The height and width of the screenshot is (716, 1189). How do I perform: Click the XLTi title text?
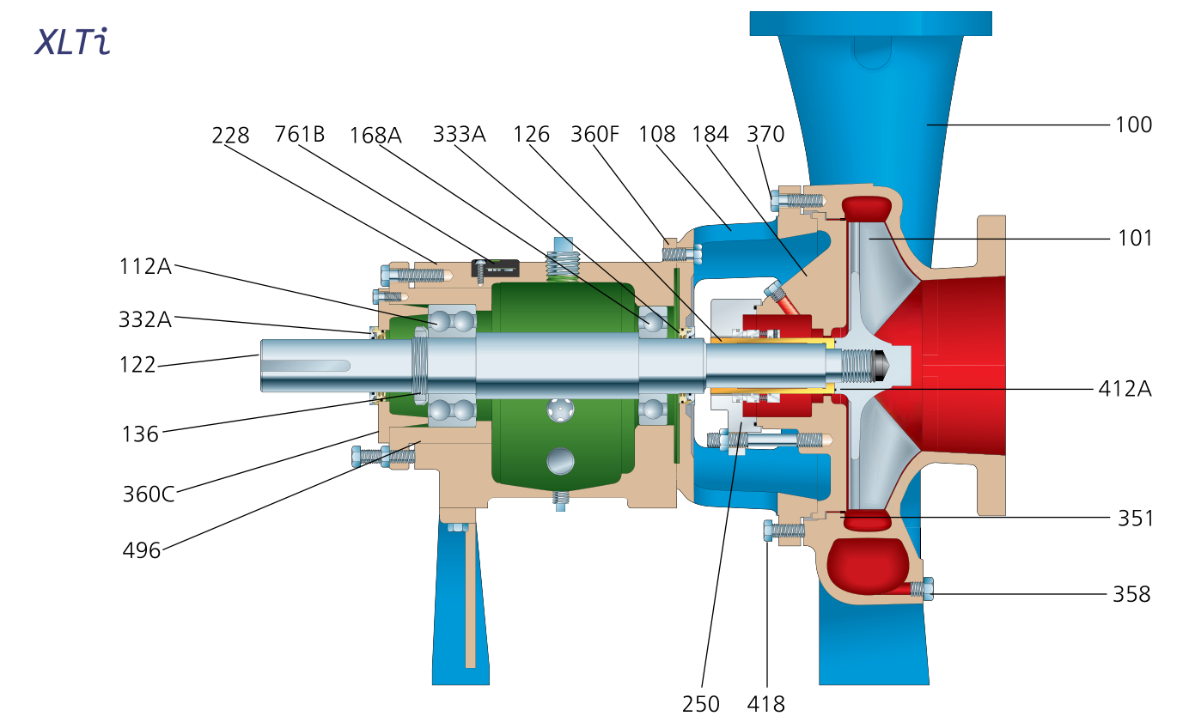click(x=72, y=42)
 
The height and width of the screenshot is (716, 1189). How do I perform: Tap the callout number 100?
click(x=1133, y=124)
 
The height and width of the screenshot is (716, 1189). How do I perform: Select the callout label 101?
click(x=1133, y=238)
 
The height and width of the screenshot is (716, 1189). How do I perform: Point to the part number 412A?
click(x=1125, y=389)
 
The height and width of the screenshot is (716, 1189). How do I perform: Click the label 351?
click(x=1133, y=519)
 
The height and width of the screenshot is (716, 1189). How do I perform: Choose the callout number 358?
click(x=1131, y=593)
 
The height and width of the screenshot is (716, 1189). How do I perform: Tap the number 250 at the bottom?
click(x=700, y=704)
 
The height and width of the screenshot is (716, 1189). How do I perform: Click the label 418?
click(x=765, y=704)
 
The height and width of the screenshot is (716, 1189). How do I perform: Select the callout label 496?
click(x=142, y=550)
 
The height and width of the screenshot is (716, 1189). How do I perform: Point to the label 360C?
click(x=149, y=495)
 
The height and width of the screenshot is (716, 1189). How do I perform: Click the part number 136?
click(x=140, y=434)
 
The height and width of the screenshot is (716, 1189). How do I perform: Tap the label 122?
click(x=137, y=365)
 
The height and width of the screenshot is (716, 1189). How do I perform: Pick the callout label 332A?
click(x=145, y=319)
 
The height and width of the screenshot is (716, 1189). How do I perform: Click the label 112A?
click(x=145, y=266)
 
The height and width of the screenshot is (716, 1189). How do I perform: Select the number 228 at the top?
click(x=230, y=135)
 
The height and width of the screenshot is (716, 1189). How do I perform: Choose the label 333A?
click(x=459, y=135)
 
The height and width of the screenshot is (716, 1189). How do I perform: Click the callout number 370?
click(x=765, y=135)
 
